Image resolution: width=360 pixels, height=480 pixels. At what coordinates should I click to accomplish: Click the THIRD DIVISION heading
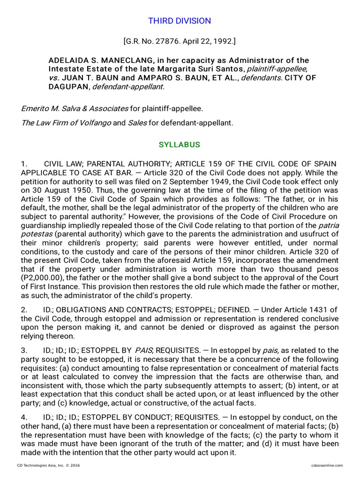pyautogui.click(x=180, y=21)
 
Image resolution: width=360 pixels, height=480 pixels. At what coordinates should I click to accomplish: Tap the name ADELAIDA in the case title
pyautogui.click(x=68, y=60)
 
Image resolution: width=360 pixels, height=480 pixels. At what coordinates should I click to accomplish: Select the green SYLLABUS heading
pyautogui.click(x=180, y=145)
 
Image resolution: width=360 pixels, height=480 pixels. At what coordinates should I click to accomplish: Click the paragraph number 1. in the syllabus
pyautogui.click(x=24, y=164)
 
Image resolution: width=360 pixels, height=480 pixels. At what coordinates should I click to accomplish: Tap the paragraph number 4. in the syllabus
pyautogui.click(x=24, y=417)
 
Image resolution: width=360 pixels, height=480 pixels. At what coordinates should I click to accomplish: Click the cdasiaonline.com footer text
pyautogui.click(x=327, y=465)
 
